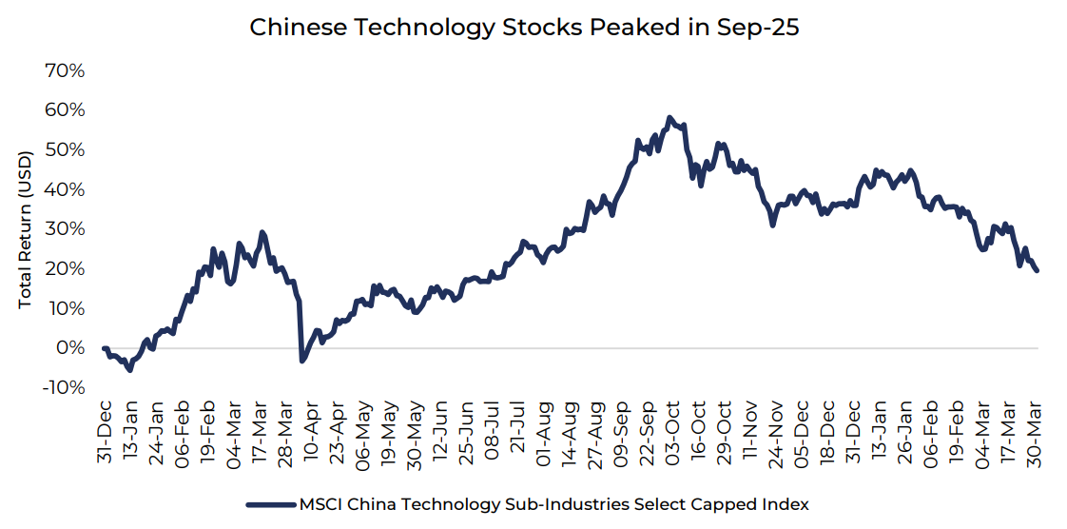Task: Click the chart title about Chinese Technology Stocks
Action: click(x=524, y=28)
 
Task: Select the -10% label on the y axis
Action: click(x=63, y=387)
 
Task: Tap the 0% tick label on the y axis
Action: click(x=70, y=347)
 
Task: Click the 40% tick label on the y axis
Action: click(x=65, y=189)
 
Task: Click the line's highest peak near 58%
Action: click(x=670, y=118)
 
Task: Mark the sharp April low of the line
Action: click(x=302, y=361)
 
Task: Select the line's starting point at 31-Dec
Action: click(x=104, y=348)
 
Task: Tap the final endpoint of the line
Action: click(x=1037, y=271)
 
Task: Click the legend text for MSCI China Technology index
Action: click(x=554, y=504)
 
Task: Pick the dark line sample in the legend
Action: click(x=270, y=504)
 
